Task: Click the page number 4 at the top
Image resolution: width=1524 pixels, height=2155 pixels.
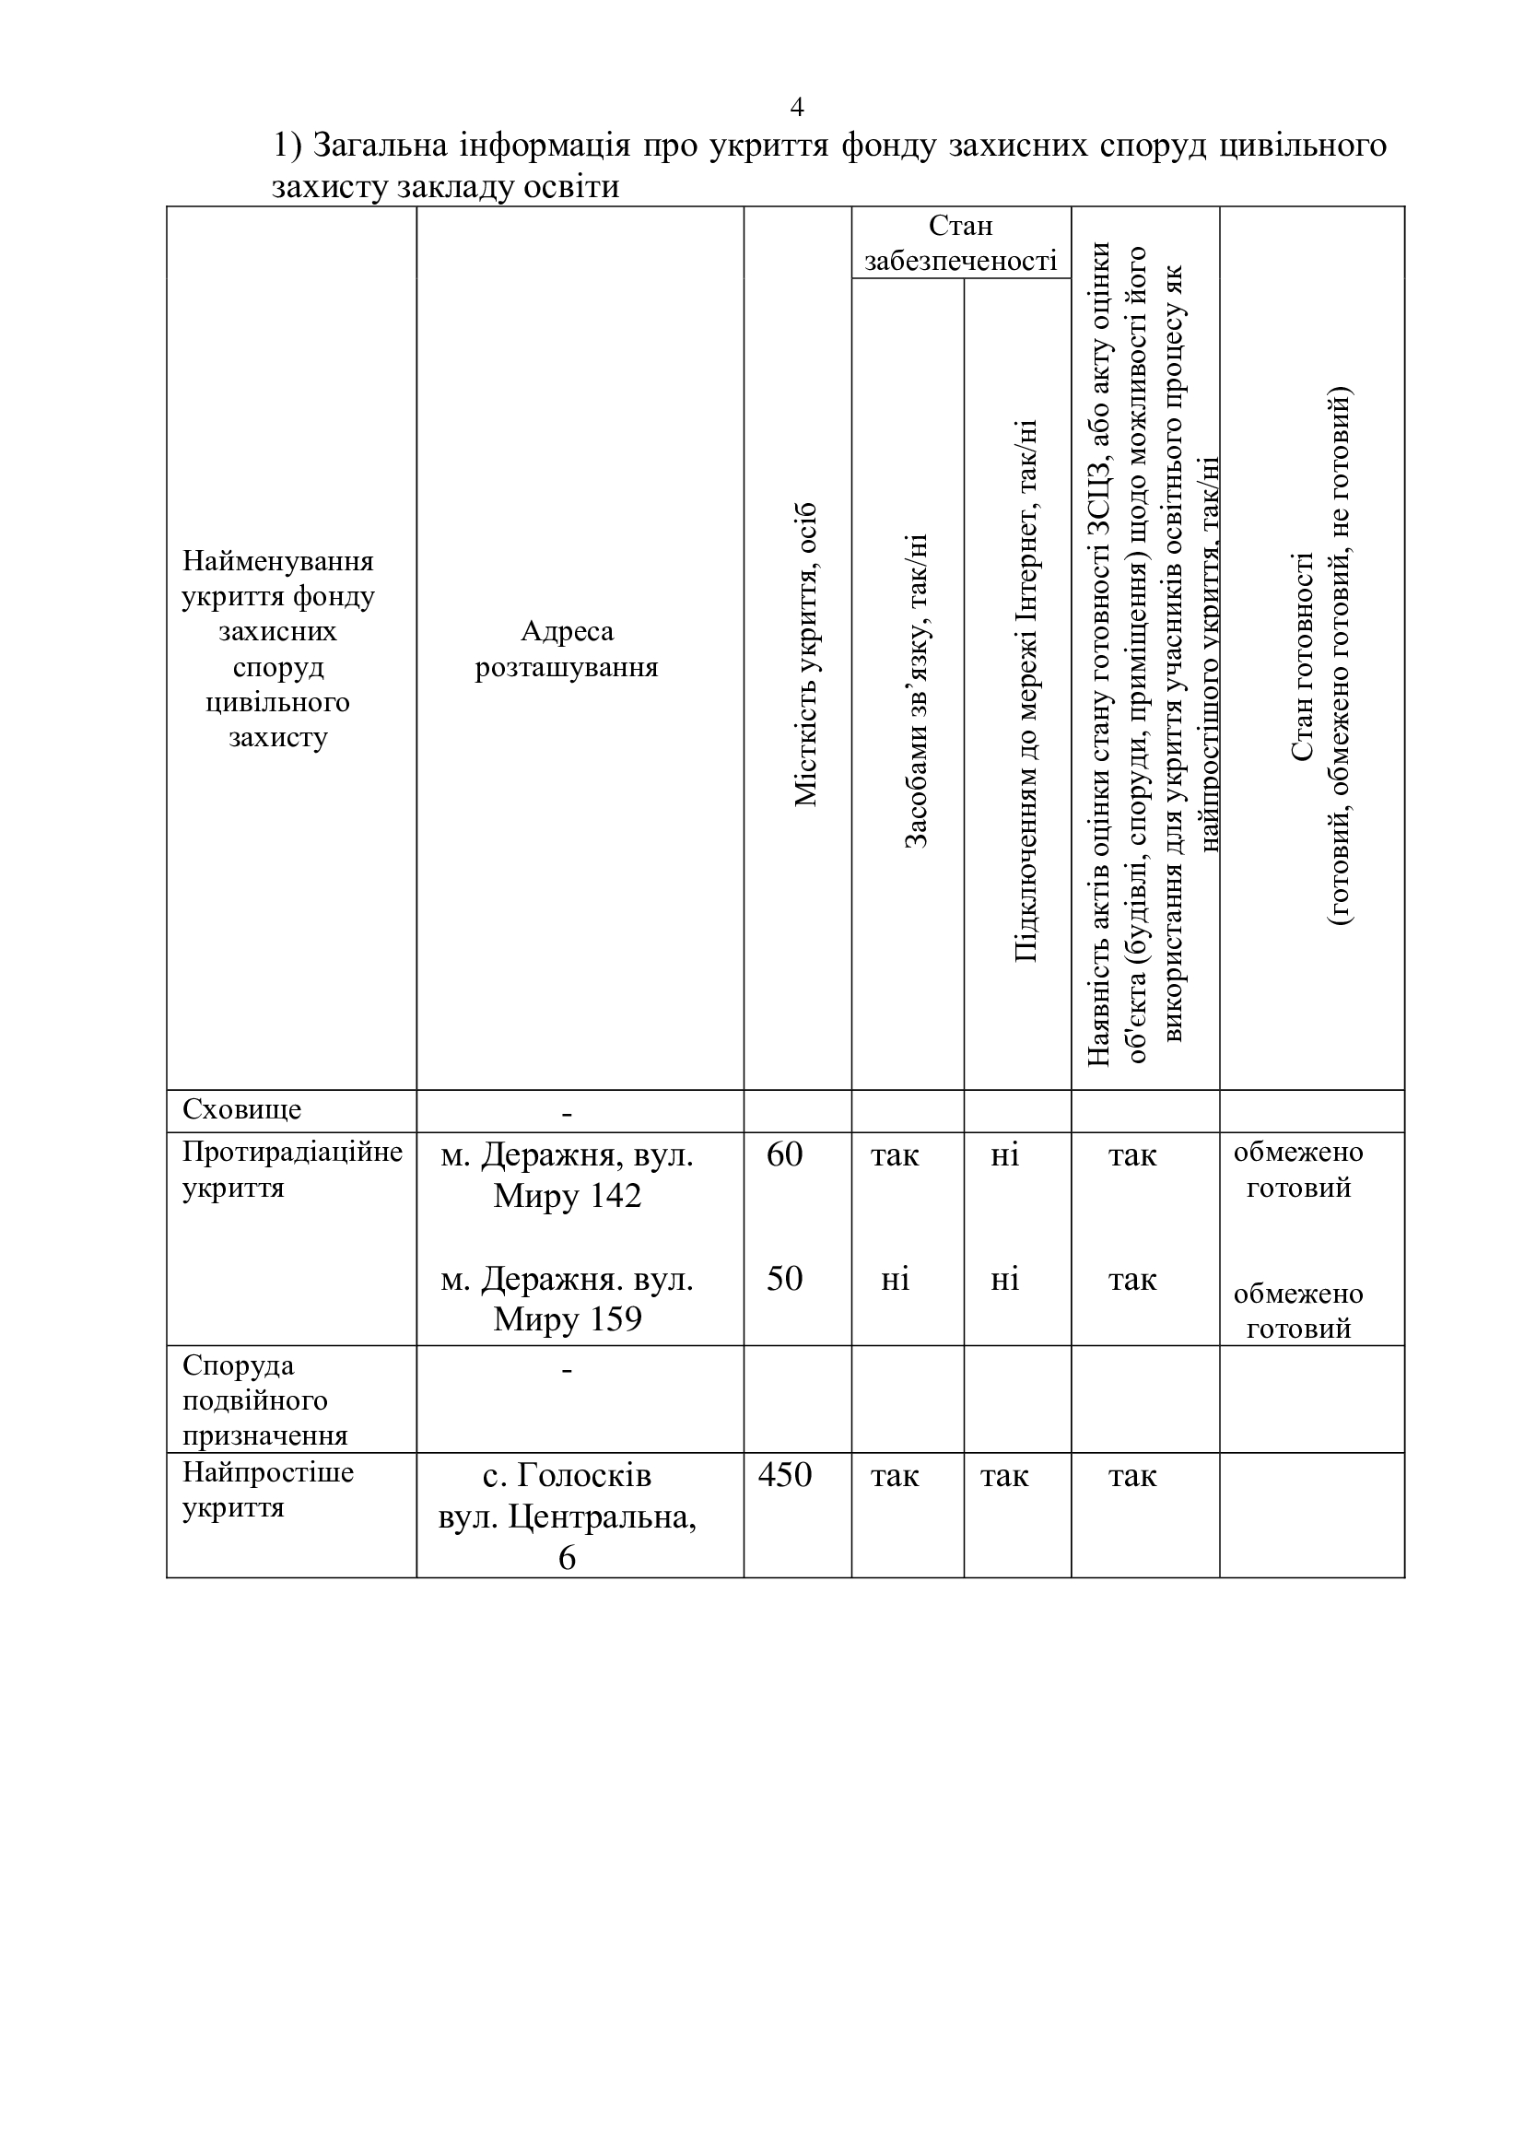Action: click(x=797, y=107)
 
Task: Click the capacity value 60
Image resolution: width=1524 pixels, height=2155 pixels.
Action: click(x=784, y=1154)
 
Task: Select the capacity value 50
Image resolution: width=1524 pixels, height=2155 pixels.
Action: click(x=784, y=1279)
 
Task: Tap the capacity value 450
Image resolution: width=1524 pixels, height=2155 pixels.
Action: click(x=784, y=1474)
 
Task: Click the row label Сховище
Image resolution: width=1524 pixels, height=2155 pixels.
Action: click(x=242, y=1109)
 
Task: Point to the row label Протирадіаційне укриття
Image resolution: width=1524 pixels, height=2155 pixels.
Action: click(x=291, y=1169)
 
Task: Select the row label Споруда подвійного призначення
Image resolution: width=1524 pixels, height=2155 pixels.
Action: click(x=264, y=1400)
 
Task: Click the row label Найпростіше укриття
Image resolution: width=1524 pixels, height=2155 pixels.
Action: click(x=267, y=1490)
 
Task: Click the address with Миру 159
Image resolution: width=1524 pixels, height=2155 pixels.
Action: click(x=567, y=1299)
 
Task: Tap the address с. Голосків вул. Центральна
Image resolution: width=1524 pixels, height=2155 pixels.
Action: click(x=567, y=1515)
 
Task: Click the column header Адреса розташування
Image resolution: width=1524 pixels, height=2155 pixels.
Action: click(x=567, y=649)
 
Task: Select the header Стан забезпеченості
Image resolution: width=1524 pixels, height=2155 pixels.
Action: click(x=960, y=242)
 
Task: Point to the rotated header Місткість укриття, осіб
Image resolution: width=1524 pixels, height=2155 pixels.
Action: click(x=806, y=654)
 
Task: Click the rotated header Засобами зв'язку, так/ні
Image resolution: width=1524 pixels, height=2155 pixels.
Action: click(x=915, y=692)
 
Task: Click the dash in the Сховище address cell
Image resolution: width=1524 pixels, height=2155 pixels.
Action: click(x=567, y=1113)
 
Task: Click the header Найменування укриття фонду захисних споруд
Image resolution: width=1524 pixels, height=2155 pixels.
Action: click(x=277, y=649)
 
